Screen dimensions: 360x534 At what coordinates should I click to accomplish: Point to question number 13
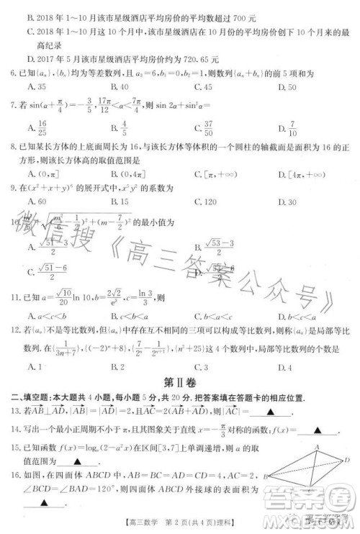(x=14, y=411)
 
